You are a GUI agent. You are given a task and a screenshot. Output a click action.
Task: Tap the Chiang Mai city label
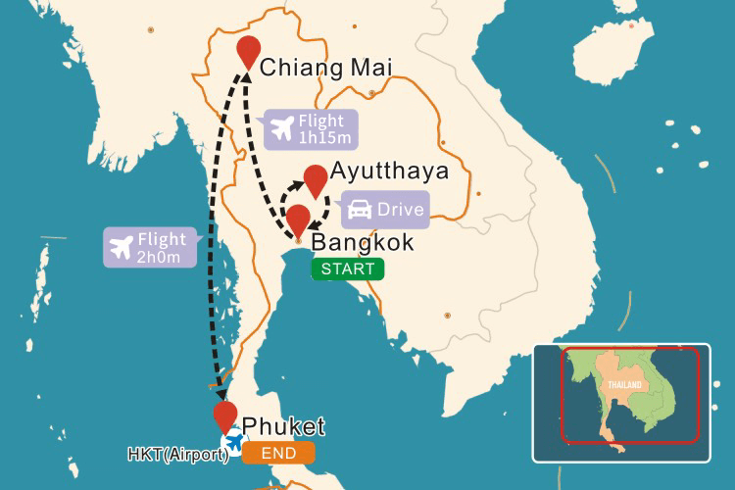coord(326,68)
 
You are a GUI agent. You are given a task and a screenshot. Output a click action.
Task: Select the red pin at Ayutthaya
coord(315,179)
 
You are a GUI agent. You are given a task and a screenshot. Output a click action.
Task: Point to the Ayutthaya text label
coord(390,171)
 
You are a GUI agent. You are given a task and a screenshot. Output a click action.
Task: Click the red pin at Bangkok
coord(297,219)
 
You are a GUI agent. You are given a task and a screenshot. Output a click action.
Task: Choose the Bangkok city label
coord(362,242)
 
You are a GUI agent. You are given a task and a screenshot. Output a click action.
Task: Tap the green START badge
coord(348,269)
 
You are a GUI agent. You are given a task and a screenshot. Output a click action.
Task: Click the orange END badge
coord(279,453)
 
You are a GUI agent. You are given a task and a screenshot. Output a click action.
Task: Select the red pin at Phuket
coord(225,416)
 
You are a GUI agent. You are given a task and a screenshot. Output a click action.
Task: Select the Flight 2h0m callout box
coord(150,247)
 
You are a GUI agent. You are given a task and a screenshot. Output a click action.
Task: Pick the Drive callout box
coord(385,210)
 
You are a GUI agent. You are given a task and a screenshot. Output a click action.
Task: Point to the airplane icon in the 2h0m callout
coord(122,247)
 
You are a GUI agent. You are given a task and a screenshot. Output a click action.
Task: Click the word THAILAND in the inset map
coord(624,386)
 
